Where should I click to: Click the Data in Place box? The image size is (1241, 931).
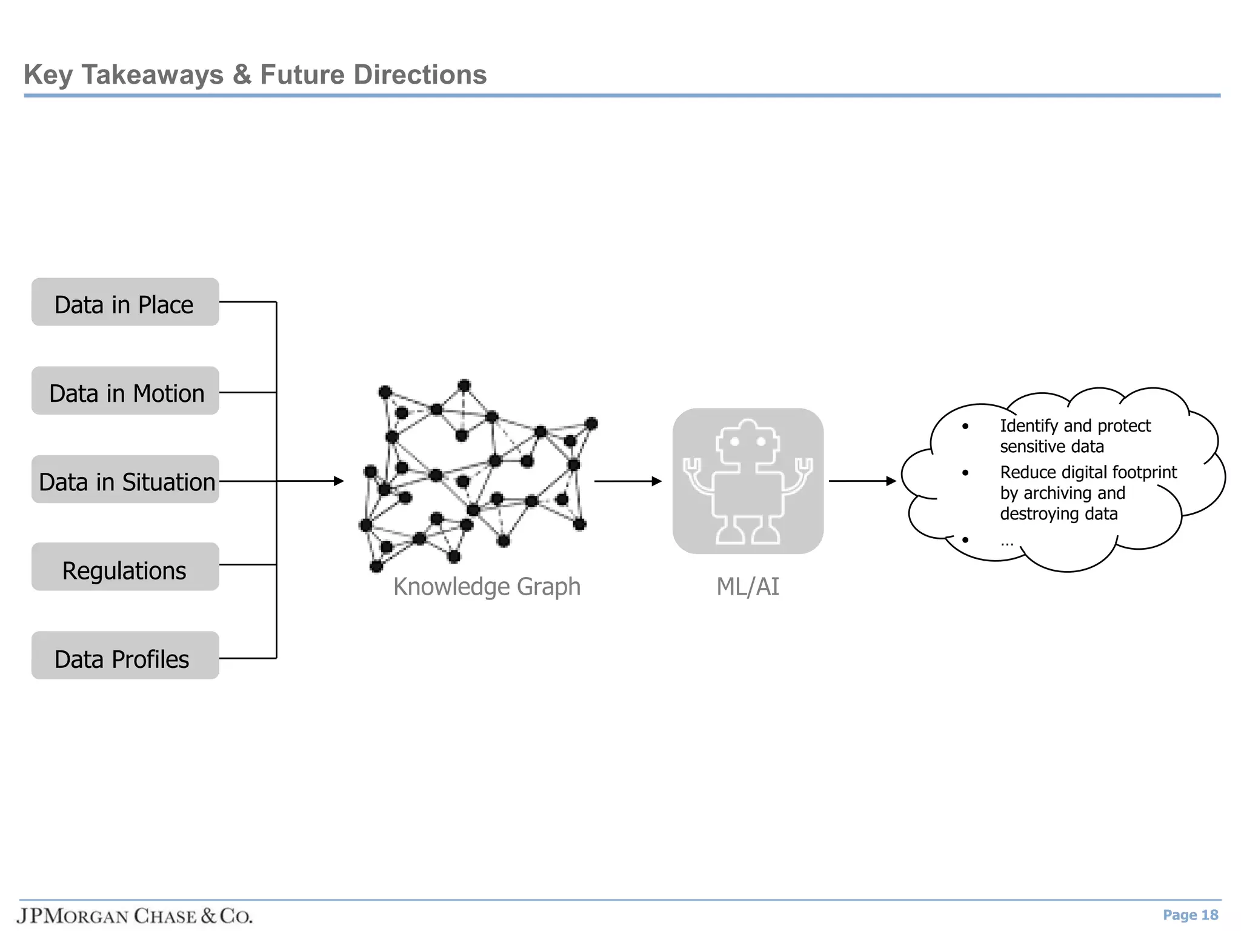[125, 302]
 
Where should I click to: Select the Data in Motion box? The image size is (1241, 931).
[125, 391]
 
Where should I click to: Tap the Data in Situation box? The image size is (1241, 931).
[125, 480]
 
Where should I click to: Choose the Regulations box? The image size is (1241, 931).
[125, 567]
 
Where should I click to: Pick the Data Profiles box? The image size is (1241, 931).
[125, 656]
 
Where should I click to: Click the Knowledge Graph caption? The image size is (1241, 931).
[487, 587]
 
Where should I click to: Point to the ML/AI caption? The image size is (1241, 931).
[748, 587]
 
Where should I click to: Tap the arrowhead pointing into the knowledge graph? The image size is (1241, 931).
[339, 481]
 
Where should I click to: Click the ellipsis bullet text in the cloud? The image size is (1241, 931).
[1007, 541]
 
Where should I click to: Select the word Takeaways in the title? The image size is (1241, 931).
[153, 75]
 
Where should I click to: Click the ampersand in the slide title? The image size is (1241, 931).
[242, 75]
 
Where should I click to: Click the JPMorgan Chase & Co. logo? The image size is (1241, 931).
[135, 916]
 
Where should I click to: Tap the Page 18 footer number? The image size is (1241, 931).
[1190, 915]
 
